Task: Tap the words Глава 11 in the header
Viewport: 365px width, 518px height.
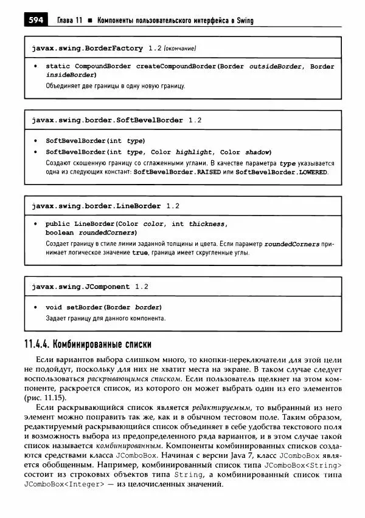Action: tap(69, 21)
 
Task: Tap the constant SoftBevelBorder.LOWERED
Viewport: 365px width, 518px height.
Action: tap(282, 172)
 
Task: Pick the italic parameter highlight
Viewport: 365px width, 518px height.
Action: tap(194, 152)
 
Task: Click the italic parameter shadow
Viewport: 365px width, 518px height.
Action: tap(257, 152)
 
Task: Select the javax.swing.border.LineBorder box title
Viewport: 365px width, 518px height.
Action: tap(96, 206)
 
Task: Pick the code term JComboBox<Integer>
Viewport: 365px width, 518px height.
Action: tap(64, 485)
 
